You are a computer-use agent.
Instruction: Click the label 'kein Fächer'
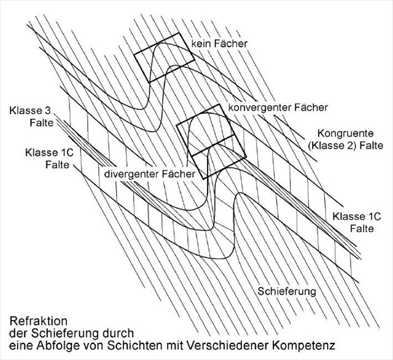tap(218, 44)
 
